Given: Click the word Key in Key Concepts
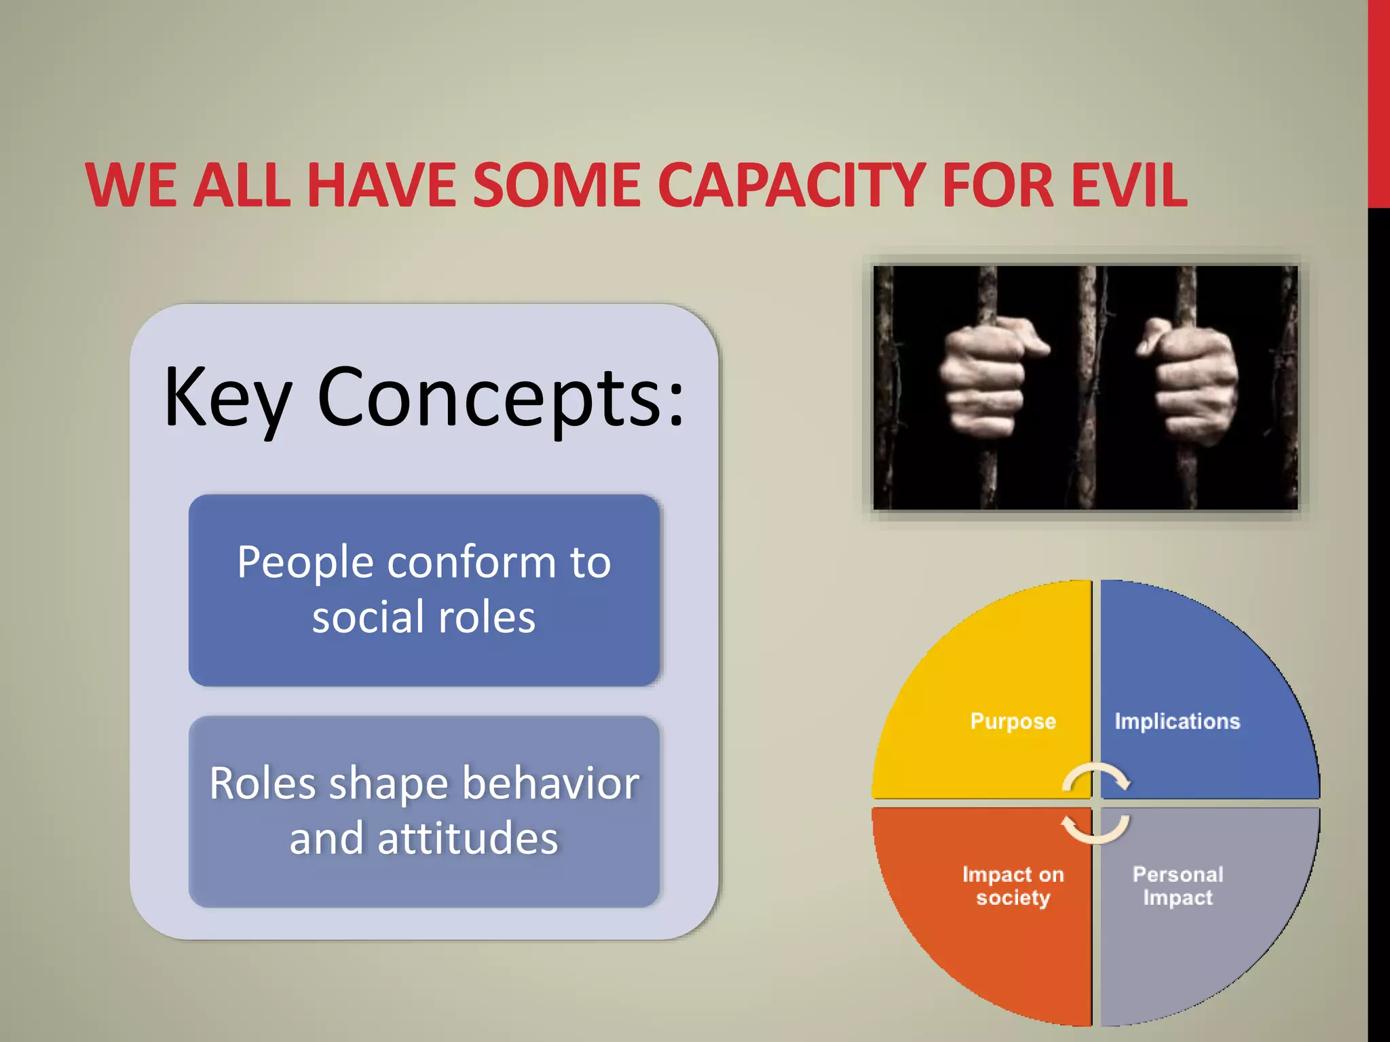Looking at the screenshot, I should tap(227, 398).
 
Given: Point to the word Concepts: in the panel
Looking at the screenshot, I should tap(501, 398).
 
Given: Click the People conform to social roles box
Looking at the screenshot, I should tap(424, 590).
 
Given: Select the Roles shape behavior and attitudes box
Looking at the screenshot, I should tap(424, 811).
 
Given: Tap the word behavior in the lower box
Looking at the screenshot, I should tap(550, 784).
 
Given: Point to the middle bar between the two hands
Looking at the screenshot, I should tap(1088, 387).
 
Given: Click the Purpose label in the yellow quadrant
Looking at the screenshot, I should tap(1013, 721).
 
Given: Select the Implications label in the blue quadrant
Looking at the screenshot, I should tap(1177, 721).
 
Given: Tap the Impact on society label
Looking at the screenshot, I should tap(1013, 886).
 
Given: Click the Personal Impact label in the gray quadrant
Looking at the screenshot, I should tap(1178, 886).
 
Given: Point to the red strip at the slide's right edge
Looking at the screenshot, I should tap(1378, 102).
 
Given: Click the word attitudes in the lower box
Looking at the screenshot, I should tap(468, 839).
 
